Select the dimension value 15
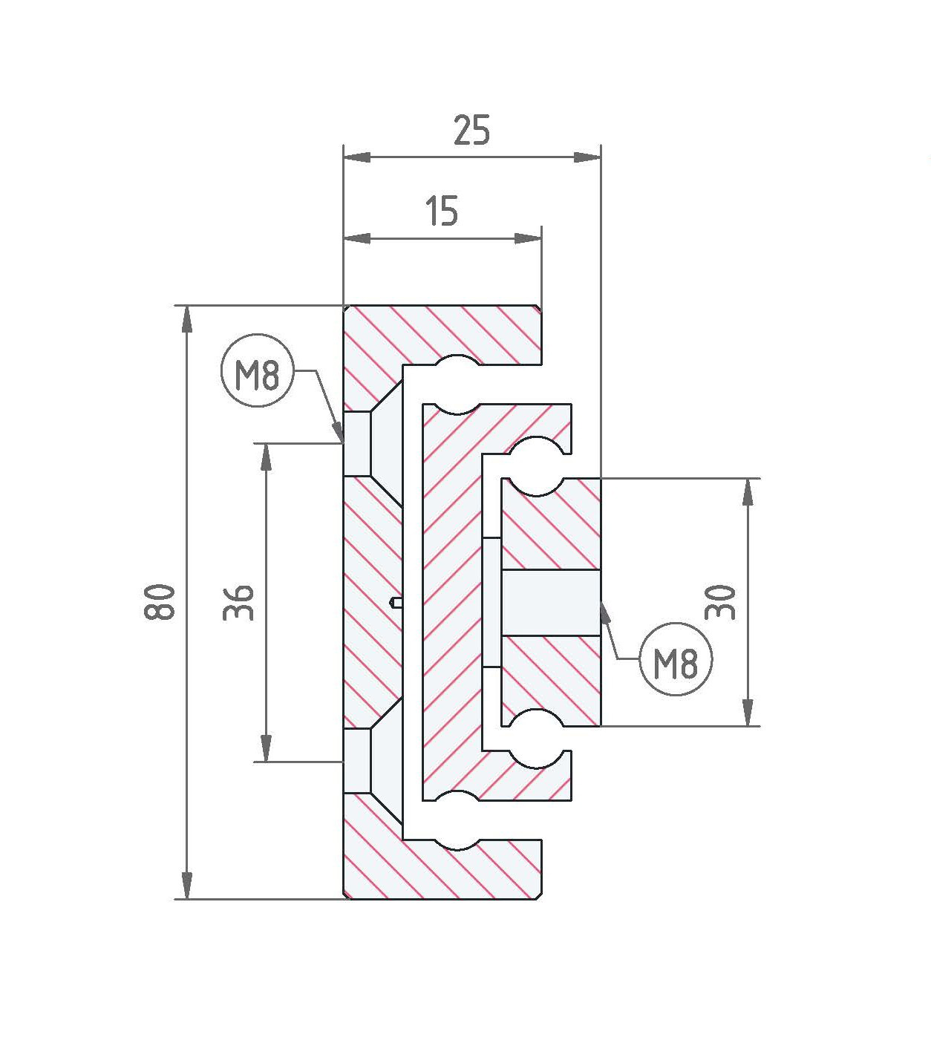tap(442, 211)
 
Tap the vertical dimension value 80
tap(160, 602)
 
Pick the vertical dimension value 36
tap(239, 602)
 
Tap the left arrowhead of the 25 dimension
tap(357, 157)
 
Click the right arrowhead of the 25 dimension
tap(587, 157)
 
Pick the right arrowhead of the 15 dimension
tap(529, 238)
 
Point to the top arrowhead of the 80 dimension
tap(187, 320)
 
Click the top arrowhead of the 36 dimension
tap(266, 457)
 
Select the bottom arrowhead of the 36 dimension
tap(266, 748)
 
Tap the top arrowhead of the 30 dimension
tap(749, 492)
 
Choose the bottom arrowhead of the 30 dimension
tap(749, 713)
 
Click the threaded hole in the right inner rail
tap(550, 603)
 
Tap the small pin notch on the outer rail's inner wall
tap(396, 602)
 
